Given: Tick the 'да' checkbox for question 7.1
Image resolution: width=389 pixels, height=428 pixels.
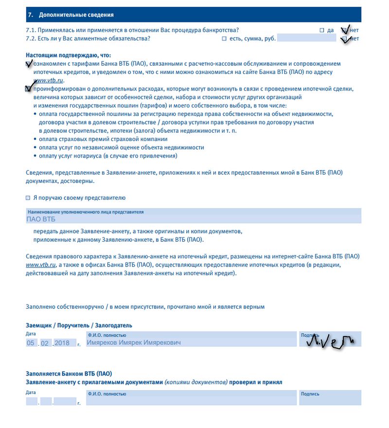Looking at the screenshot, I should [322, 30].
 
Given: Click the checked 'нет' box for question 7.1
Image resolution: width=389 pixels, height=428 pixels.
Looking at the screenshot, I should [344, 30].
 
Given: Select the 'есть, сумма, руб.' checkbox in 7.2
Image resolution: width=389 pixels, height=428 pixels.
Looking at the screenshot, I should [224, 38].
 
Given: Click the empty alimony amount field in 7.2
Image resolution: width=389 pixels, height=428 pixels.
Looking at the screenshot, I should [306, 38].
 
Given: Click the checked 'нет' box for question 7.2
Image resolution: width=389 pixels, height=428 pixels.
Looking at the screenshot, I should [344, 39].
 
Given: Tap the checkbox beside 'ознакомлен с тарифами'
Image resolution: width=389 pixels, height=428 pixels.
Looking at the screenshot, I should [28, 64].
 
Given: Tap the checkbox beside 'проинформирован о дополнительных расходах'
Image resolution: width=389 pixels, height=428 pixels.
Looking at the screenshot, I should [28, 89].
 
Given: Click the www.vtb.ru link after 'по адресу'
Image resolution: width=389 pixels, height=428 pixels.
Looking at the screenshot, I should [49, 80].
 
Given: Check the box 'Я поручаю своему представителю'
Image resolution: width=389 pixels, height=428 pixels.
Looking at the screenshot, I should [28, 198].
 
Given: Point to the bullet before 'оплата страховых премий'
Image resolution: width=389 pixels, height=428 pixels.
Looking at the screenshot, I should [35, 139].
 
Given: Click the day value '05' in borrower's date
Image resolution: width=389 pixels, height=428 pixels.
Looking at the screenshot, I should [31, 343].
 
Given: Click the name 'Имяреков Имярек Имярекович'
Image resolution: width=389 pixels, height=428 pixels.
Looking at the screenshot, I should [134, 343].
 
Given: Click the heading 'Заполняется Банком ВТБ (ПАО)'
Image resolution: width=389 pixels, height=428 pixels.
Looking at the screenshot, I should [69, 374].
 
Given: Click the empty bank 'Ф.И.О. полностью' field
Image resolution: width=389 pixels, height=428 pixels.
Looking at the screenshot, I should [191, 400].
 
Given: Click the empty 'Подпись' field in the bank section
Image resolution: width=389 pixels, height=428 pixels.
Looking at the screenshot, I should [330, 400].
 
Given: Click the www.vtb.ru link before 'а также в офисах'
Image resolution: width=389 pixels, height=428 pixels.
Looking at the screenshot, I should [41, 265].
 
